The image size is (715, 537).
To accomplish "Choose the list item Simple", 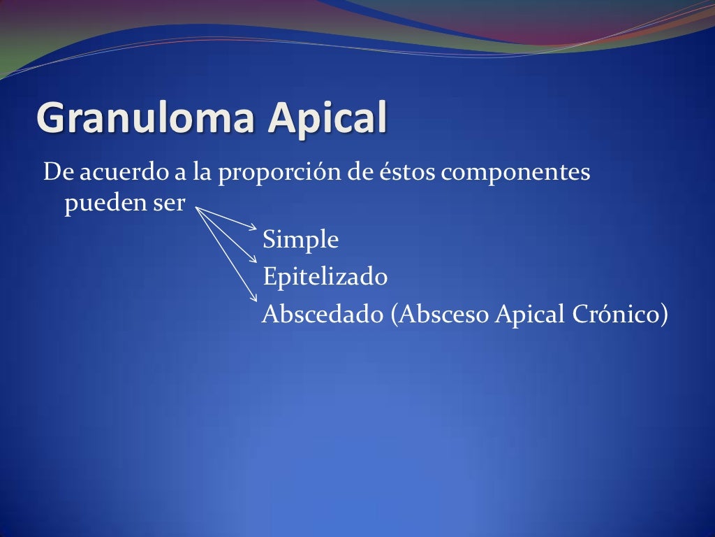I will point(300,241).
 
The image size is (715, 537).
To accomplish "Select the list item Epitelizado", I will point(325,277).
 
